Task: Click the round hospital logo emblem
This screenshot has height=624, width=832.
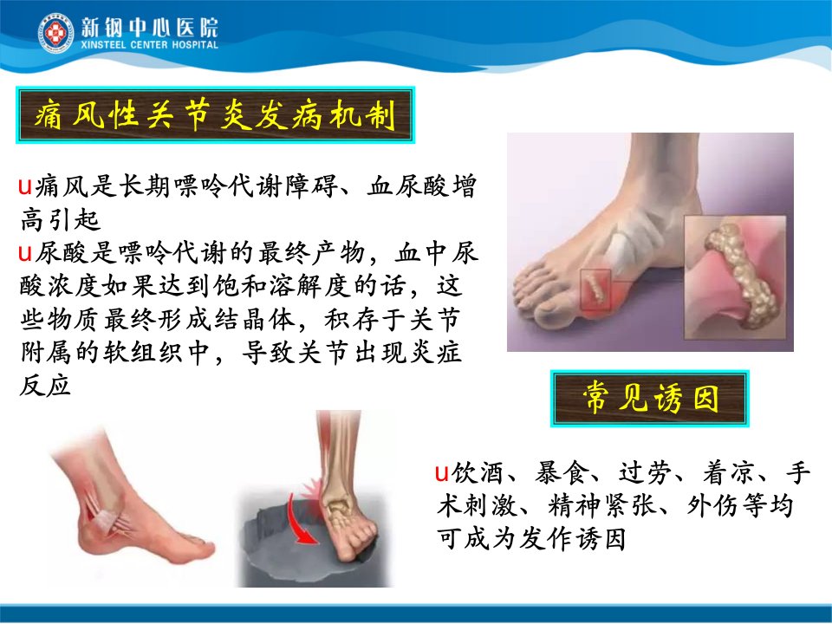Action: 55,33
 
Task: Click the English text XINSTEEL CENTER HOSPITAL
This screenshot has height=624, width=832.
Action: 150,45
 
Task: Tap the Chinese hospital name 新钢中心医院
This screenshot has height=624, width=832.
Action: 150,28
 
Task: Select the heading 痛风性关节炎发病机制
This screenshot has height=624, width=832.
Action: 216,115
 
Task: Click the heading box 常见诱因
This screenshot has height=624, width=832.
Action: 650,398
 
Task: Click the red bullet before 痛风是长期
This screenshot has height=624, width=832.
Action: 25,187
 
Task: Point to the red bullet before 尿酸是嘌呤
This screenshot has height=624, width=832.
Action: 25,254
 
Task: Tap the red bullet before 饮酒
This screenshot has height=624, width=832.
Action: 442,472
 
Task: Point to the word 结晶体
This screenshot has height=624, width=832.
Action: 254,320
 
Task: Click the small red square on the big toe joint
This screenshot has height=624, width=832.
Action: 595,289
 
